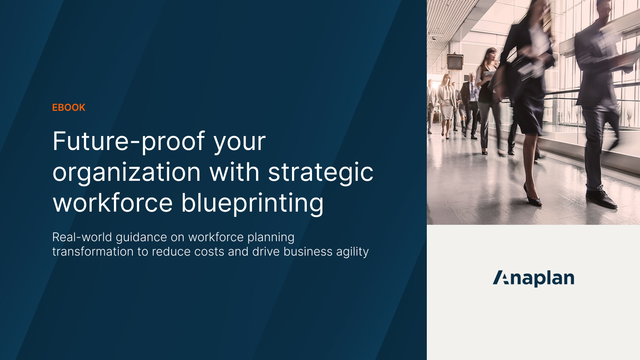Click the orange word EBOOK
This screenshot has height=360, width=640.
point(69,108)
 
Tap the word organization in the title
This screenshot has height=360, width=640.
point(126,172)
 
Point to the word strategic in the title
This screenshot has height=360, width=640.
point(320,172)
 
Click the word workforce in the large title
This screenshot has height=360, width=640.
point(112,203)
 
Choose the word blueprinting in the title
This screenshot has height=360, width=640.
point(252,203)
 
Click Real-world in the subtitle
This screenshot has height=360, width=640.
point(82,237)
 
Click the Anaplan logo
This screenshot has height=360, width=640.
point(533,278)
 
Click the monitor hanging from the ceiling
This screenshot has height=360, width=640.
point(455,62)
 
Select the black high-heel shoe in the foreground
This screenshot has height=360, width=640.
point(532,196)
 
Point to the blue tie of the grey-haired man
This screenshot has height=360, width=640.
point(472,92)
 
